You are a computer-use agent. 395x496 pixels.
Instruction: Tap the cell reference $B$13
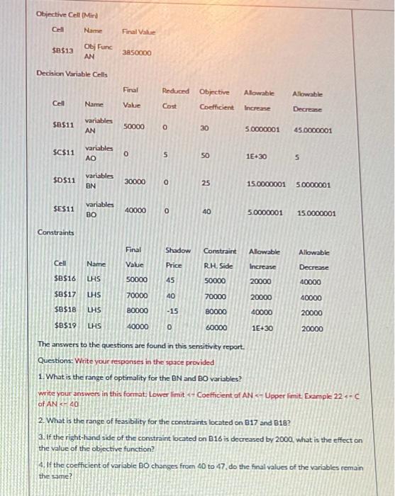tap(63, 50)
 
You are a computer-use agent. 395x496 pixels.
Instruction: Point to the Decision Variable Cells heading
tap(74, 73)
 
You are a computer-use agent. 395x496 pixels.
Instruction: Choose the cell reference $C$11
tap(65, 152)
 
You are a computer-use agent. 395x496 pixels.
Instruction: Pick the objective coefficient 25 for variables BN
tap(206, 182)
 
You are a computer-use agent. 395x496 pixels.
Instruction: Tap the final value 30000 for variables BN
tap(135, 182)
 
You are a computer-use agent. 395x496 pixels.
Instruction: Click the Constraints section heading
tap(54, 232)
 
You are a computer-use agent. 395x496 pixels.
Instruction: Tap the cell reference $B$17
tap(65, 297)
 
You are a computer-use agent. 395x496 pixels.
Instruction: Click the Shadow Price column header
tap(178, 257)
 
